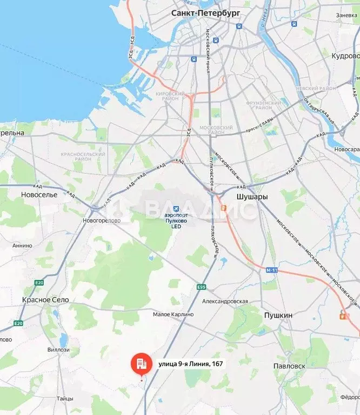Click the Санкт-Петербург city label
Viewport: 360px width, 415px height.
[206, 12]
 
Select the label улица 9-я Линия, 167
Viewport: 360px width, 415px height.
[190, 364]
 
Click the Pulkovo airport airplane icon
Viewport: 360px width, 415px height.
[175, 209]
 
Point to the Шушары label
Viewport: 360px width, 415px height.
[252, 197]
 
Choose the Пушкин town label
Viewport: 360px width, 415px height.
[278, 315]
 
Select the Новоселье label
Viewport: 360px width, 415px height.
[39, 194]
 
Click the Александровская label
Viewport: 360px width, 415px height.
[225, 302]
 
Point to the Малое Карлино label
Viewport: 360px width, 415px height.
[174, 314]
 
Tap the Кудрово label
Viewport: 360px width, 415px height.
[345, 56]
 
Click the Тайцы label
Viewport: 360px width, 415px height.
[64, 399]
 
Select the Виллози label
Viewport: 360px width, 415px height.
[58, 350]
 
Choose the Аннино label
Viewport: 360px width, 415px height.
[22, 245]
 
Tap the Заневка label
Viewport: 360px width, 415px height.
[347, 15]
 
